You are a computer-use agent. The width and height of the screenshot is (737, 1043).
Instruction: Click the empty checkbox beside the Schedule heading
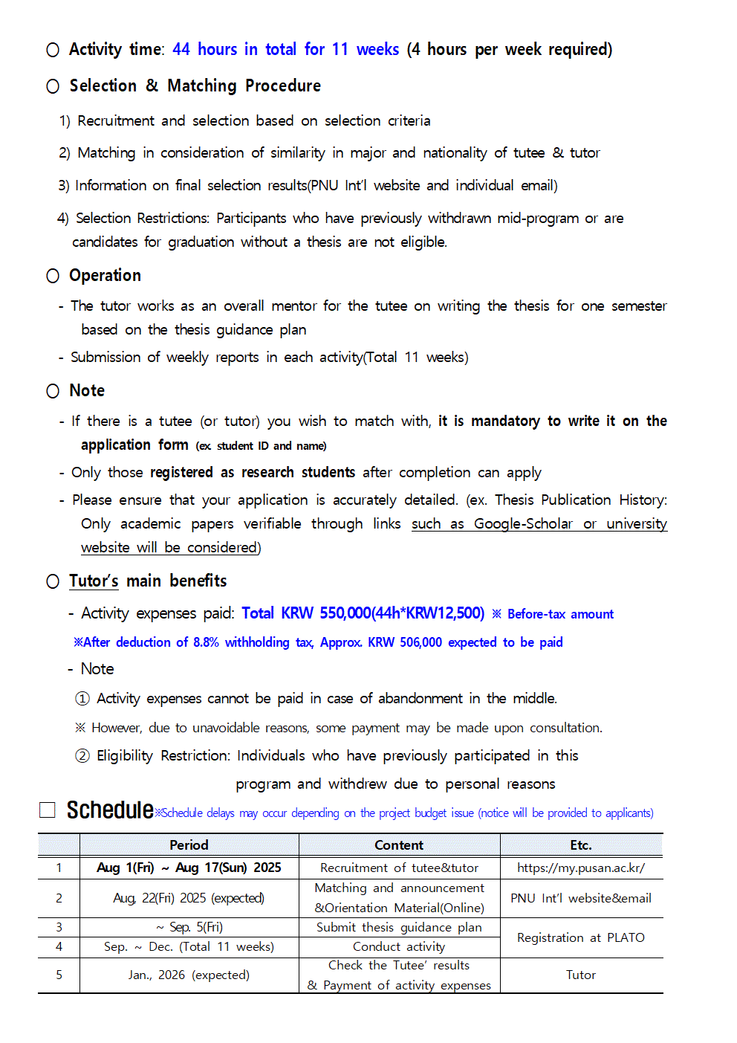click(x=48, y=810)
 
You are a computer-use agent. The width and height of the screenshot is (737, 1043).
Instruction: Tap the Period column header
click(x=189, y=845)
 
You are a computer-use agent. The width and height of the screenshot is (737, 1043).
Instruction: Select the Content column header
click(x=399, y=845)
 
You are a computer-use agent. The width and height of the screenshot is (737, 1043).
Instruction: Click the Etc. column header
click(x=581, y=845)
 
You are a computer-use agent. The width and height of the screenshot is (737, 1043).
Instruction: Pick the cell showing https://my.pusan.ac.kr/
click(x=581, y=868)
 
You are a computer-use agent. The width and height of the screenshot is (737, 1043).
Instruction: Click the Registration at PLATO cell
click(x=581, y=937)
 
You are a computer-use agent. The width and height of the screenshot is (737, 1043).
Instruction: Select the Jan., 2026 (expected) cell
click(x=189, y=975)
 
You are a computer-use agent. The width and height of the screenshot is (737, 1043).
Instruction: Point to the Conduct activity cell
click(x=399, y=946)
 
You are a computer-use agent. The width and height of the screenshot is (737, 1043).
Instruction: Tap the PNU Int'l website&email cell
click(x=581, y=898)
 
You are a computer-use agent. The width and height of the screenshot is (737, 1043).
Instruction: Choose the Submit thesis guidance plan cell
click(x=399, y=927)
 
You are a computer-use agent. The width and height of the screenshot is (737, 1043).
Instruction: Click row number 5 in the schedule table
click(x=59, y=975)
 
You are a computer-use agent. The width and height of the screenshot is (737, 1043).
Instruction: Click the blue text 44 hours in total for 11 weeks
click(x=285, y=50)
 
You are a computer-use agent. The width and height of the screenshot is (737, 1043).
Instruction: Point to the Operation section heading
click(x=105, y=276)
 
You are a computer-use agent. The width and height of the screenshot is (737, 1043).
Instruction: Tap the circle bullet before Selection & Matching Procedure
click(x=53, y=86)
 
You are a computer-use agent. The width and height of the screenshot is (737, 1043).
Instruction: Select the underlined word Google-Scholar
click(x=523, y=523)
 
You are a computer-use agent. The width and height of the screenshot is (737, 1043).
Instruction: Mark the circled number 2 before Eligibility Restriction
click(x=82, y=756)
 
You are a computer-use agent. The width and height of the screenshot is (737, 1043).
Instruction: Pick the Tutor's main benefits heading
click(x=148, y=581)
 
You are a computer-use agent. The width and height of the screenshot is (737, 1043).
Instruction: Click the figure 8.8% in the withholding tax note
click(x=206, y=642)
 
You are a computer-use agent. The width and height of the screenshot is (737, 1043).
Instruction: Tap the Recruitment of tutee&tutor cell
click(x=399, y=868)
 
